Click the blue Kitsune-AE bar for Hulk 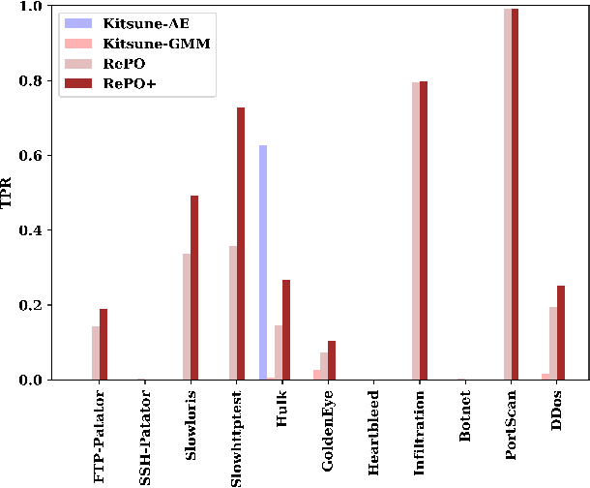coord(263,262)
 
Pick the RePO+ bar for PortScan coord(515,194)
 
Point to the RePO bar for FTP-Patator coord(96,352)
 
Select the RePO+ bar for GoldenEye coord(332,360)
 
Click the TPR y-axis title coord(11,193)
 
